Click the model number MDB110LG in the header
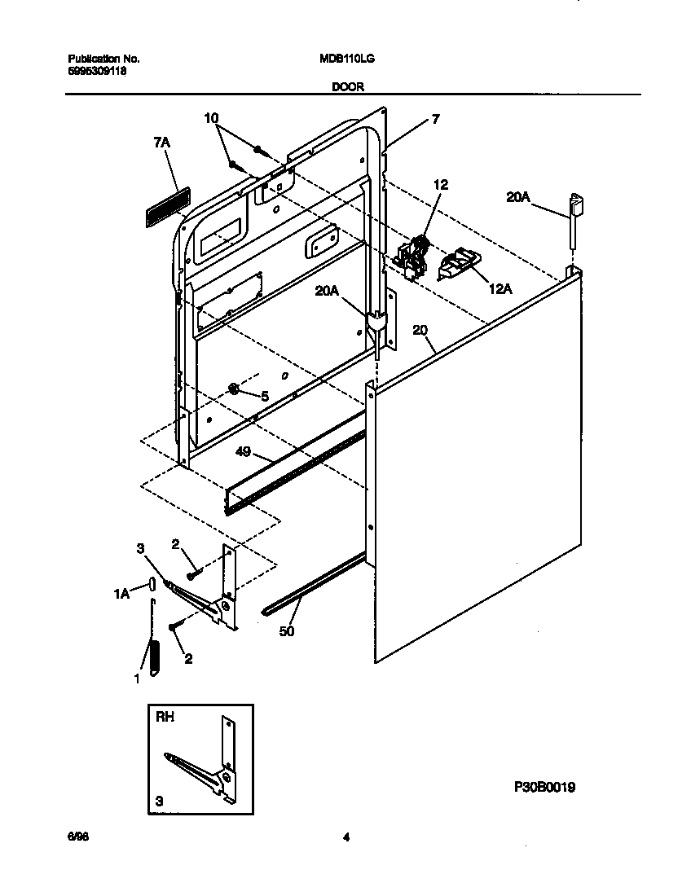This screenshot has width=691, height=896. point(347,59)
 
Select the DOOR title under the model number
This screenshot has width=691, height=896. point(347,86)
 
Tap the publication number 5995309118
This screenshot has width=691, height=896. point(96,71)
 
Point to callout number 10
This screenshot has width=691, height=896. point(211,118)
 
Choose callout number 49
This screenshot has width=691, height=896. point(245,455)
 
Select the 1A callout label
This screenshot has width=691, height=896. point(121,595)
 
